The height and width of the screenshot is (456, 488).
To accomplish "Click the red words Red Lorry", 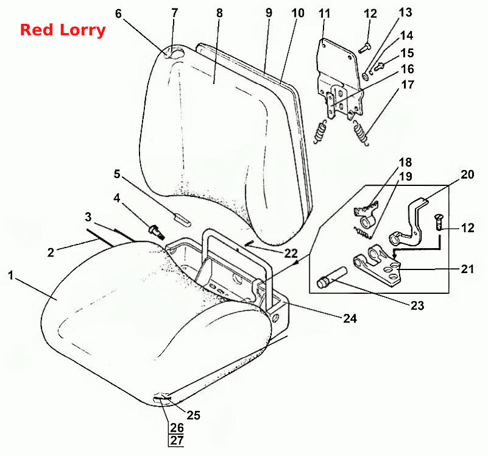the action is click(x=63, y=30).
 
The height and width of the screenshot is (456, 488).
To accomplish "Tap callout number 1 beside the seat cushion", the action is click(x=11, y=276).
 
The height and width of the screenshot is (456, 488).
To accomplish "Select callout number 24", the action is click(x=350, y=318).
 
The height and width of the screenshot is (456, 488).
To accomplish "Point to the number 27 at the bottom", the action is click(x=177, y=440).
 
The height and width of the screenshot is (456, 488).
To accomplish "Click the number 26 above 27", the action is click(x=177, y=428).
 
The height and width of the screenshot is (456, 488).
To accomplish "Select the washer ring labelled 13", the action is click(x=365, y=76).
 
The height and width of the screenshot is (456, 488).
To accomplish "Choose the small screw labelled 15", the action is click(x=380, y=66).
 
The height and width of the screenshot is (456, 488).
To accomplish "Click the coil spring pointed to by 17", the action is click(x=361, y=133).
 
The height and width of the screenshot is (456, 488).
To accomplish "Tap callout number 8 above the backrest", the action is click(x=219, y=13).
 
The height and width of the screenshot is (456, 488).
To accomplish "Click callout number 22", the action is click(x=291, y=253).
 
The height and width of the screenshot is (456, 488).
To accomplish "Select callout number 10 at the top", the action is click(x=298, y=13).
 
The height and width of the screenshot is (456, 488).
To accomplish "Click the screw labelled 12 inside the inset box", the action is click(x=439, y=222).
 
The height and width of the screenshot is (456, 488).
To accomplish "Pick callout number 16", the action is click(x=407, y=69).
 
